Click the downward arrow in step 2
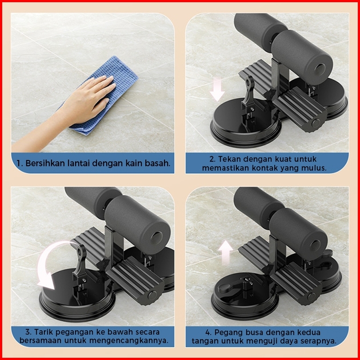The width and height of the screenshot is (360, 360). point(217,89)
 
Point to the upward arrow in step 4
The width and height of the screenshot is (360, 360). point(226,252)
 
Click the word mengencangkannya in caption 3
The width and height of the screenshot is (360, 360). point(128,341)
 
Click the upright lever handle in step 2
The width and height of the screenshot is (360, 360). point(248,92)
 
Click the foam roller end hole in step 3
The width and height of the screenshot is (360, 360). point(156,237)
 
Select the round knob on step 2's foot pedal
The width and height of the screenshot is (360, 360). point(316,123)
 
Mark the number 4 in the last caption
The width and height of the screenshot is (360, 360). point(208,332)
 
